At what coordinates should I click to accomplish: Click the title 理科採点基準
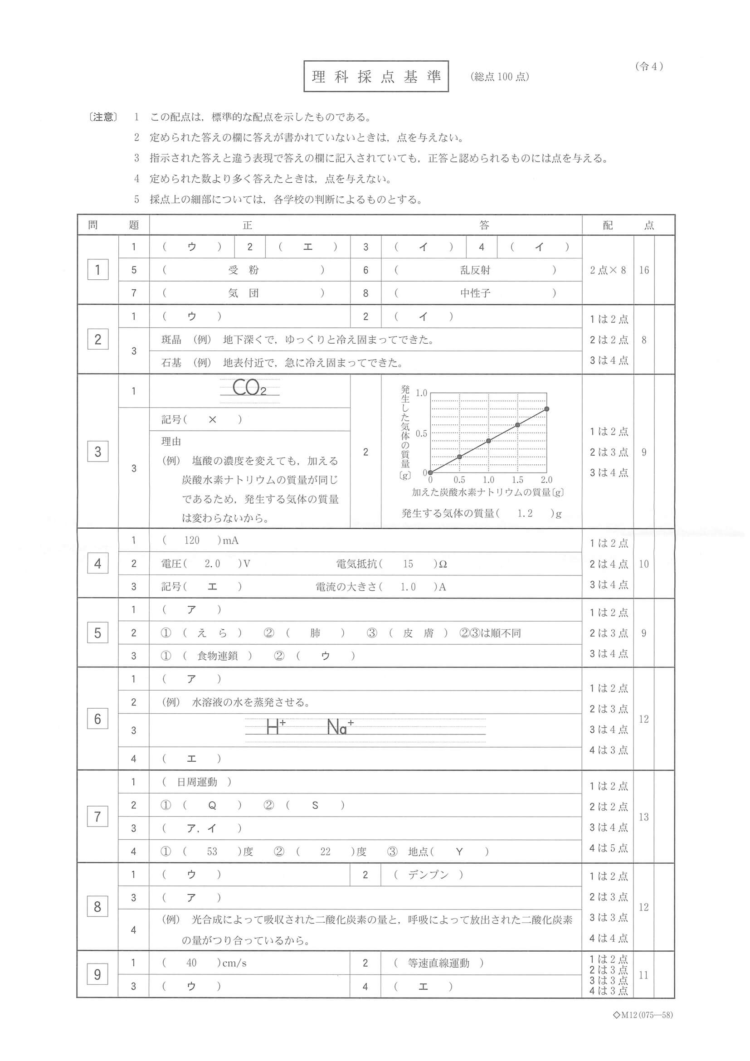[376, 76]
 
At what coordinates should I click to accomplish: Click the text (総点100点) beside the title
[500, 77]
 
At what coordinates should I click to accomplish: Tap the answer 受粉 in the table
[244, 270]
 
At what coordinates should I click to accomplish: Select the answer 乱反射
[475, 270]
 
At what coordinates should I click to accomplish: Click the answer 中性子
[475, 293]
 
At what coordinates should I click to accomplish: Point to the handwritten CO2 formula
[249, 388]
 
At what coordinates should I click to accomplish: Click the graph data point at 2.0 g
[547, 409]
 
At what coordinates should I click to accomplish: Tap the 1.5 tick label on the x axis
[517, 480]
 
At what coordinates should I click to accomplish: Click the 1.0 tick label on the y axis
[421, 393]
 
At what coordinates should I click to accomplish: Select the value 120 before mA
[192, 540]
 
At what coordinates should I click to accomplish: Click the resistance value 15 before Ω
[408, 564]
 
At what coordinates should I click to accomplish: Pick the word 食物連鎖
[217, 656]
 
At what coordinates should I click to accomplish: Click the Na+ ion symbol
[340, 727]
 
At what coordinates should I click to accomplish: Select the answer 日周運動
[197, 782]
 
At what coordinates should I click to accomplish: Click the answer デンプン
[428, 875]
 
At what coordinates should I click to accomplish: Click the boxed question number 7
[97, 817]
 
